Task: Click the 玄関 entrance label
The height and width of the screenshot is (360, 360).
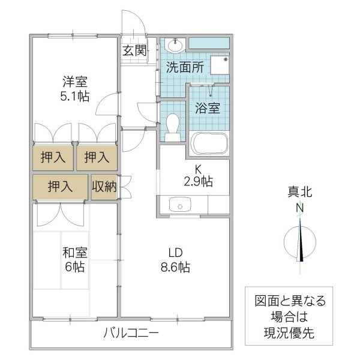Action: click(x=134, y=50)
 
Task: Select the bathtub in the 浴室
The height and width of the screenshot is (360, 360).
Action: click(x=209, y=145)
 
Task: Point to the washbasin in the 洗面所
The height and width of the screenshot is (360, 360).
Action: click(x=176, y=45)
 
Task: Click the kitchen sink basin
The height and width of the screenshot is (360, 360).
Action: click(x=179, y=205)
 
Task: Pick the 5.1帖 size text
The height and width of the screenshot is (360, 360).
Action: click(x=75, y=96)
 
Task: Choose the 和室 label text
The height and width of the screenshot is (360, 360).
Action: click(x=75, y=252)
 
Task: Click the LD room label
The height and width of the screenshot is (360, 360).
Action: click(x=175, y=252)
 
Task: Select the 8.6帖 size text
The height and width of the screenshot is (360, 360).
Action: click(x=175, y=268)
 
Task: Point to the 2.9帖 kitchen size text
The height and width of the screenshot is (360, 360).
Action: click(x=198, y=181)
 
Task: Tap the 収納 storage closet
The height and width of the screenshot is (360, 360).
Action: click(x=104, y=187)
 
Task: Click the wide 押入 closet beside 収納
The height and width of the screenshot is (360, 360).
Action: click(x=60, y=187)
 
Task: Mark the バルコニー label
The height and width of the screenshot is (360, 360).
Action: click(x=131, y=333)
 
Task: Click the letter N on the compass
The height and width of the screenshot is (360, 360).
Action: click(x=299, y=208)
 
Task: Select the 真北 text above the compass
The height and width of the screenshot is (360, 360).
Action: click(x=299, y=193)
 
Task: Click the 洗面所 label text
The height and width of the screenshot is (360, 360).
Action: click(x=184, y=68)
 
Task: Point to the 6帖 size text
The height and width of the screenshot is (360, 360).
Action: click(x=75, y=268)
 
